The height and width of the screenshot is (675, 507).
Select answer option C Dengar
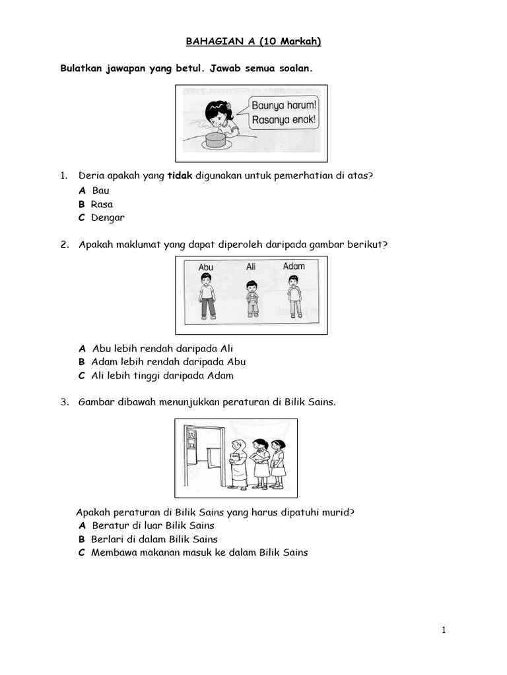(101, 218)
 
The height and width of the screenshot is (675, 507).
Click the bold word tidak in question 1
(180, 175)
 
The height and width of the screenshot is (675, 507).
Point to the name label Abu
(206, 268)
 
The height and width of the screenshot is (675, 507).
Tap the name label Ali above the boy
(251, 266)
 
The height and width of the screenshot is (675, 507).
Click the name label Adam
(294, 266)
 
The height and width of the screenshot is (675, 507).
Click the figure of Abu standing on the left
(207, 297)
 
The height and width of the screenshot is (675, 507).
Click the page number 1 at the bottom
(444, 630)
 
